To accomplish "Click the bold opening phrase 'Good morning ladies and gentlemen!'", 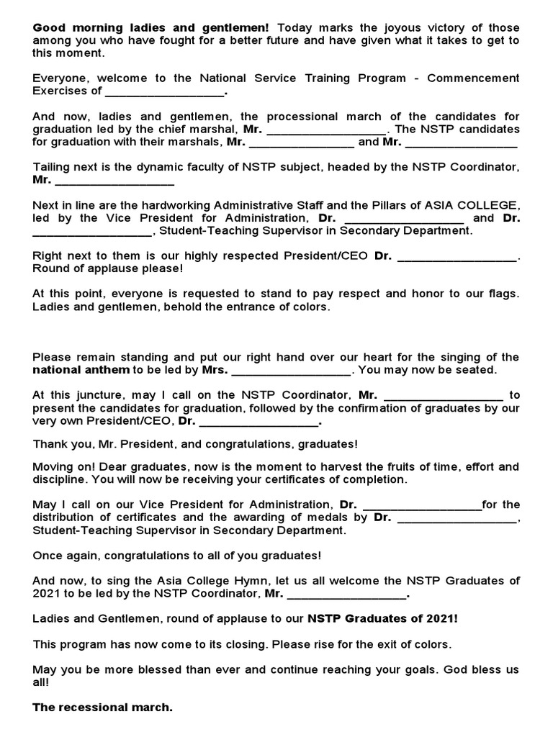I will pyautogui.click(x=150, y=28).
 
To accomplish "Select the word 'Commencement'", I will pyautogui.click(x=473, y=78).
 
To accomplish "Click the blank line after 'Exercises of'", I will pyautogui.click(x=165, y=91).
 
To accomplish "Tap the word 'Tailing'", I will pyautogui.click(x=51, y=167).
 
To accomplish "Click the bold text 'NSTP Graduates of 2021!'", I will pyautogui.click(x=382, y=618).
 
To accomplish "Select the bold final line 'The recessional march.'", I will pyautogui.click(x=102, y=707).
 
